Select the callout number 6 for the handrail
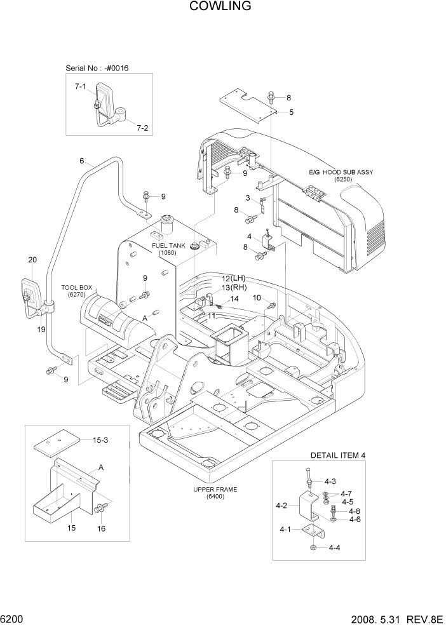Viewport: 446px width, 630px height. click(x=82, y=161)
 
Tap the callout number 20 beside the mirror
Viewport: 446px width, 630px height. click(x=33, y=260)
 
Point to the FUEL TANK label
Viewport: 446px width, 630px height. click(x=168, y=245)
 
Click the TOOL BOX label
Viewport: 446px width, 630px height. click(x=77, y=288)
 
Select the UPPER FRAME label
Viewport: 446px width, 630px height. click(x=215, y=489)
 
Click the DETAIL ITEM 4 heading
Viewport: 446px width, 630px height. click(x=337, y=455)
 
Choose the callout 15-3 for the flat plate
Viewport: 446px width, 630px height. click(x=101, y=440)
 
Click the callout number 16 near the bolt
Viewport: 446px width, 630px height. click(x=101, y=528)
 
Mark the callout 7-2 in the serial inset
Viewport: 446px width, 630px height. click(x=142, y=128)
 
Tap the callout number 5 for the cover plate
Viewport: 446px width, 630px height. click(x=291, y=112)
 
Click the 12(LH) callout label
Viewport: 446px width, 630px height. click(x=233, y=279)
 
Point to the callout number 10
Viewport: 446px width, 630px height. click(x=257, y=297)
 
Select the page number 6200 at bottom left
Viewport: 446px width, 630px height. click(x=14, y=619)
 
